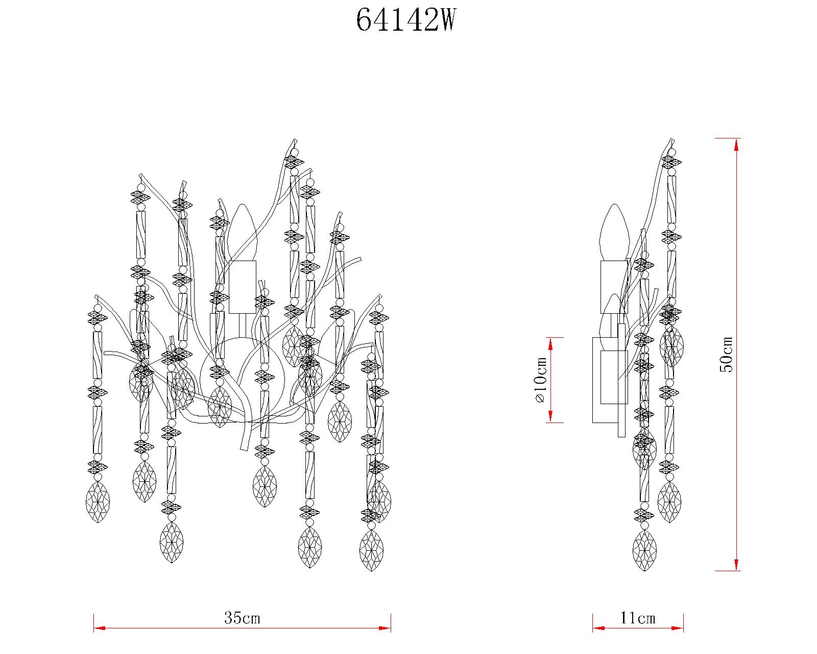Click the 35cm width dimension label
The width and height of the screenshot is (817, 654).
[242, 618]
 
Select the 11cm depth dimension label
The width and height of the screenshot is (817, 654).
[638, 618]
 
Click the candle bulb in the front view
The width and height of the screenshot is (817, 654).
[242, 232]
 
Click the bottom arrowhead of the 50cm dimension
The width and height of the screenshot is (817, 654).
[736, 564]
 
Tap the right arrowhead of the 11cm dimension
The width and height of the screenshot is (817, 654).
[679, 628]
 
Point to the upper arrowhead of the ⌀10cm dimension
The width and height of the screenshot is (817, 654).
[551, 343]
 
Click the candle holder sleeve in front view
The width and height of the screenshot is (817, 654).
[242, 287]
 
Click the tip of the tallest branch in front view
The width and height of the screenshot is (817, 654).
[295, 140]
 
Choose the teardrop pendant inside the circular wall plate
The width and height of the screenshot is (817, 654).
[220, 407]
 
